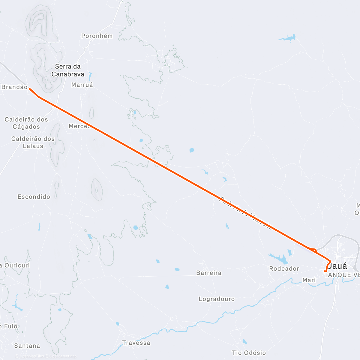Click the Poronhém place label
coord(97,36)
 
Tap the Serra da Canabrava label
coord(68,70)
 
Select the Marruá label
coord(82,85)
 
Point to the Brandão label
coord(14,87)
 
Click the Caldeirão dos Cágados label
coord(26,123)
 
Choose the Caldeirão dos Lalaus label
coord(33,142)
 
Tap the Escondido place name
coord(34,197)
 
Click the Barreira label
coord(209,273)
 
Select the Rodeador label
coord(284,268)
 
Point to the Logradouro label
coord(217,299)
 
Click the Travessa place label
coord(136,343)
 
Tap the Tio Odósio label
coord(249,353)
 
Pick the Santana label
coord(27,346)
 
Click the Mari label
coord(309,280)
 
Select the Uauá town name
coord(337,266)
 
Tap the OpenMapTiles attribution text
coord(31,356)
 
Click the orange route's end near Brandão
coord(29,89)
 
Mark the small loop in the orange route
coord(314,250)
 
